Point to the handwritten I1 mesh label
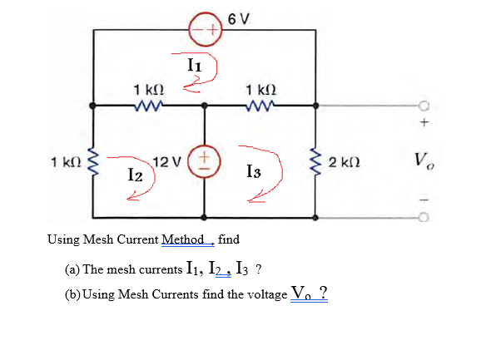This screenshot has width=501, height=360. pos(193,62)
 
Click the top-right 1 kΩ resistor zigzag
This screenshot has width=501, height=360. pos(260,106)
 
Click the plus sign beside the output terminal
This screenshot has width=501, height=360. pos(423,123)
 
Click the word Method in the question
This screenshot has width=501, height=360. pos(186,239)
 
